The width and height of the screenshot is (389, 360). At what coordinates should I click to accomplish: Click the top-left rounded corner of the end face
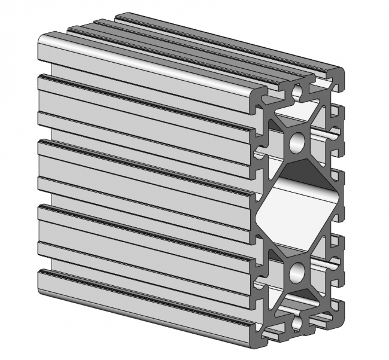(261, 96)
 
